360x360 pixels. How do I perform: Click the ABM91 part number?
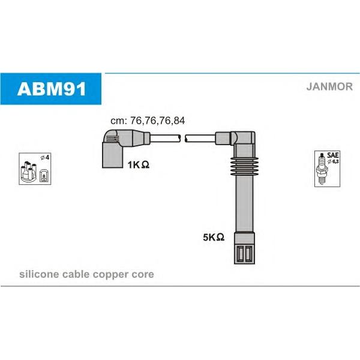point(52,89)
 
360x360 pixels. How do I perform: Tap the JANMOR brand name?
point(329,86)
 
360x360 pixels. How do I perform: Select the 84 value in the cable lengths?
point(179,121)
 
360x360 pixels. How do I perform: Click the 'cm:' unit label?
point(119,121)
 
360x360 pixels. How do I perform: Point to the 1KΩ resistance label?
point(139,164)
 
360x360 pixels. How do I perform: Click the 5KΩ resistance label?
point(214,237)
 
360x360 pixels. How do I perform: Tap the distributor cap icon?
point(28,171)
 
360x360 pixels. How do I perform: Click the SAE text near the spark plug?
point(332,155)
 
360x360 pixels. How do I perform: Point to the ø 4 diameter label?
point(45,157)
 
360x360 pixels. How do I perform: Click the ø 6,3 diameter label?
point(333,161)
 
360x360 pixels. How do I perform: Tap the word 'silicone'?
point(39,274)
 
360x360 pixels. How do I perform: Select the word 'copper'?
point(111,275)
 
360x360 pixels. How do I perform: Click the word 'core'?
point(143,275)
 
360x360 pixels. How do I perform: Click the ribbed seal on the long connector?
point(245,166)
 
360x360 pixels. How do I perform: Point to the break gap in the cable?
point(183,138)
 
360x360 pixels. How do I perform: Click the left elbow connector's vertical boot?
point(113,155)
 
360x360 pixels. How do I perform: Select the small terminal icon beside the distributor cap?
point(44,176)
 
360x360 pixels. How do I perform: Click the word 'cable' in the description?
point(76,274)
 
